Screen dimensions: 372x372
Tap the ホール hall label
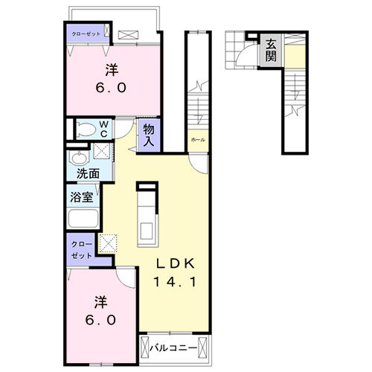(x=198, y=140)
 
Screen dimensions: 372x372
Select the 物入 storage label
(x=150, y=135)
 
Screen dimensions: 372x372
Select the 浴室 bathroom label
(x=81, y=199)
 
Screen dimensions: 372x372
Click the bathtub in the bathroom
(x=83, y=219)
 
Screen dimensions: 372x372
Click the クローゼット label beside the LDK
(x=82, y=248)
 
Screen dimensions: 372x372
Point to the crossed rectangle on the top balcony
(x=129, y=34)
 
